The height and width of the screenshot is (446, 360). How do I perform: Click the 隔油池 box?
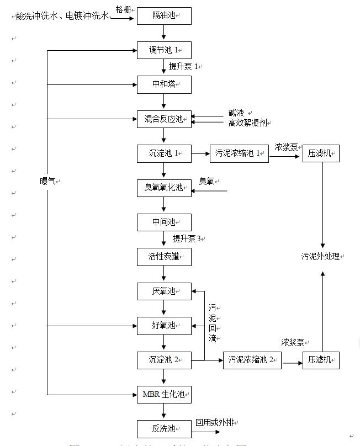point(164,16)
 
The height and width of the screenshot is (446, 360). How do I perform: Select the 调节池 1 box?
point(164,51)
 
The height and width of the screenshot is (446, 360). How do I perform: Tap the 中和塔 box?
point(164,84)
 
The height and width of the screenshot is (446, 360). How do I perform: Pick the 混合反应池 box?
point(164,119)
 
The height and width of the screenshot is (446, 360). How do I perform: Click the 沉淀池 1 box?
point(164,153)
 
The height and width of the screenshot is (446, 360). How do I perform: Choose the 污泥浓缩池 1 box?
point(239,153)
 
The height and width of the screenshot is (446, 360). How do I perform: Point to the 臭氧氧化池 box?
point(164,188)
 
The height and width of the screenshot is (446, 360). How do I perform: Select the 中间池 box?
point(164,222)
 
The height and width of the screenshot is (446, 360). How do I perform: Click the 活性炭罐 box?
point(164,256)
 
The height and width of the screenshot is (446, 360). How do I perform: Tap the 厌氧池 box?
point(164,291)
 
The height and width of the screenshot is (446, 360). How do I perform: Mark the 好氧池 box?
point(164,326)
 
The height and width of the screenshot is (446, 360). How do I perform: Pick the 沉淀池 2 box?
point(164,360)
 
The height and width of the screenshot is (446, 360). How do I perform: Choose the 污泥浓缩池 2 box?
point(252,360)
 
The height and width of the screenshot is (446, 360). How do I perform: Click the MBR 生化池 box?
point(164,395)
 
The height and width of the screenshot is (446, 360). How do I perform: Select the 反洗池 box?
point(164,428)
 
